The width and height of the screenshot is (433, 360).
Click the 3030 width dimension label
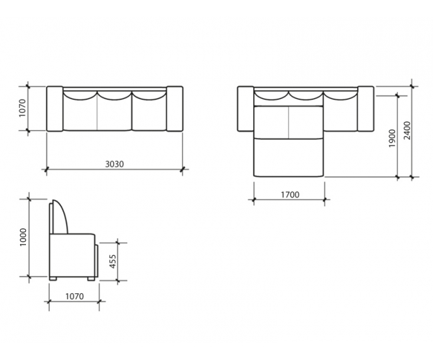(115, 164)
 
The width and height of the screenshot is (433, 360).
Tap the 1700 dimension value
(290, 195)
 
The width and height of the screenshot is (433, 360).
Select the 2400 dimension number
(407, 131)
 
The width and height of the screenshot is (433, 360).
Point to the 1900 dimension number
(392, 138)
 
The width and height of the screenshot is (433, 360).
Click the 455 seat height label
(113, 261)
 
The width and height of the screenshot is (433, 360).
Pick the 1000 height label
(23, 237)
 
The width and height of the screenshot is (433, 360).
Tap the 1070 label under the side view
(75, 297)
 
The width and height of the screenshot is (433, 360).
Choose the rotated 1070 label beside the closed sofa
(22, 108)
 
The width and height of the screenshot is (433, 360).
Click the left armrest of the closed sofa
(55, 109)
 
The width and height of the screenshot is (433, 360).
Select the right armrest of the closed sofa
(175, 109)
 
